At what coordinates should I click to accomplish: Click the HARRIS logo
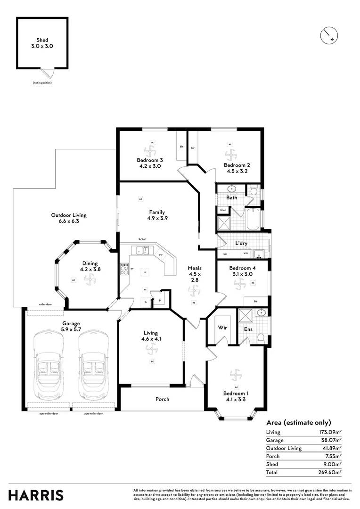click(x=36, y=495)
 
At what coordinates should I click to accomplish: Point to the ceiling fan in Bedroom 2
click(x=230, y=154)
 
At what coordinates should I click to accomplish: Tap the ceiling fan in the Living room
click(x=151, y=347)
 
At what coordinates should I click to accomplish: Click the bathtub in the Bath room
click(x=253, y=219)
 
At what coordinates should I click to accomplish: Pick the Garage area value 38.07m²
click(x=331, y=440)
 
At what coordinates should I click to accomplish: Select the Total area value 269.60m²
click(x=329, y=472)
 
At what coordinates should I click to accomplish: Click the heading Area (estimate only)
click(x=299, y=422)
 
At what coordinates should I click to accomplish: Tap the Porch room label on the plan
click(x=162, y=399)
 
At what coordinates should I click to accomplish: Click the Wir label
click(x=222, y=328)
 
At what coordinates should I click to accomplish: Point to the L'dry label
click(x=242, y=244)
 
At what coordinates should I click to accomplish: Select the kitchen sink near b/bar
click(x=142, y=250)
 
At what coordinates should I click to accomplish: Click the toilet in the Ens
click(x=261, y=337)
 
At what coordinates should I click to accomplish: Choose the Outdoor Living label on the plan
click(x=69, y=218)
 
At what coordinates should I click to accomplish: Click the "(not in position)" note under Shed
click(x=42, y=83)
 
